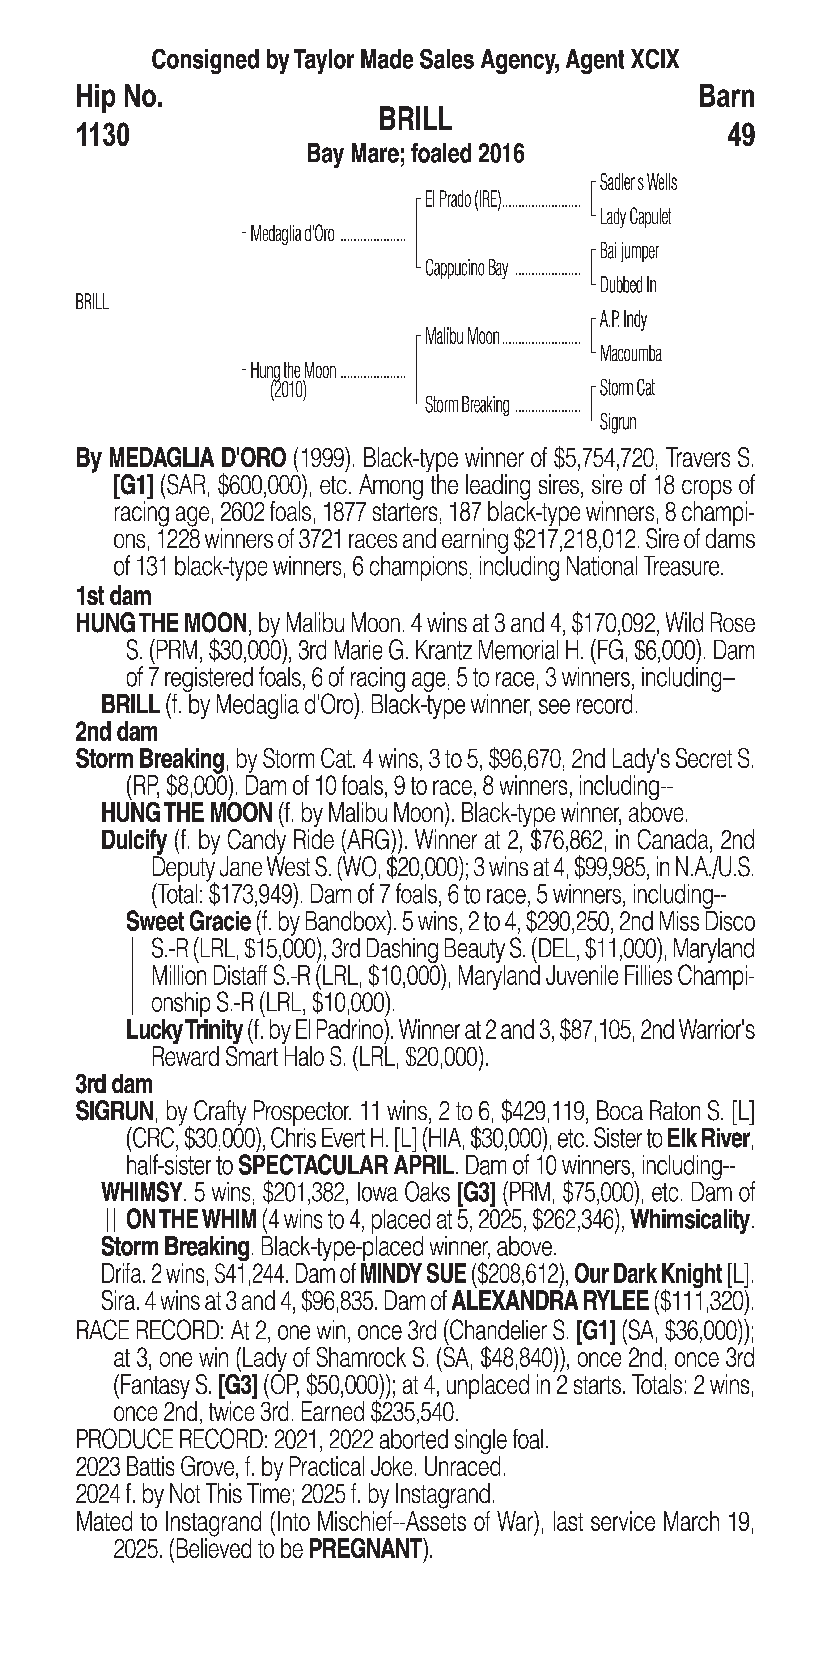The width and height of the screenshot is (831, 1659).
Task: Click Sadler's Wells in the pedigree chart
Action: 638,183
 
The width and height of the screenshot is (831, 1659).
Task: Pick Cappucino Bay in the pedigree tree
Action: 466,269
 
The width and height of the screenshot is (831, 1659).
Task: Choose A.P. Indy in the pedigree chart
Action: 623,320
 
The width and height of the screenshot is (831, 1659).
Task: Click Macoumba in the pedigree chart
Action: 630,354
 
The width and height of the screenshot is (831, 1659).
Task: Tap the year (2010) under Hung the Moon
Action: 288,390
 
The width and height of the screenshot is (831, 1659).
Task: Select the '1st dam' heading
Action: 113,596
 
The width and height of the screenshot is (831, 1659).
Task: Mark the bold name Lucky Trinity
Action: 184,1030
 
